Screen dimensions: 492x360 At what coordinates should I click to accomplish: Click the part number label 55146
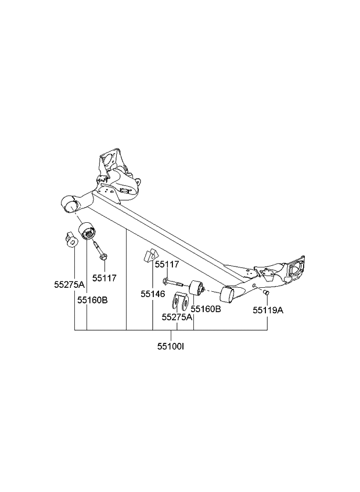click(153, 294)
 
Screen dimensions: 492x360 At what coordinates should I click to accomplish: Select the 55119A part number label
click(268, 310)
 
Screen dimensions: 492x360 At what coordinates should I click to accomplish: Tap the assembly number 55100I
click(172, 347)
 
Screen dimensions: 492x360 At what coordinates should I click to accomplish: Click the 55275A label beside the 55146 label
click(177, 317)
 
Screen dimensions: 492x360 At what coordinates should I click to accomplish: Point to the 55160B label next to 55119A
click(206, 309)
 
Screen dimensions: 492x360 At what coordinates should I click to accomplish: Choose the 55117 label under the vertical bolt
click(105, 278)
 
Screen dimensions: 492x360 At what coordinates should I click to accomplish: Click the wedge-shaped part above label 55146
click(150, 256)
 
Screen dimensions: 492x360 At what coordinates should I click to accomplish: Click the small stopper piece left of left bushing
click(70, 240)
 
